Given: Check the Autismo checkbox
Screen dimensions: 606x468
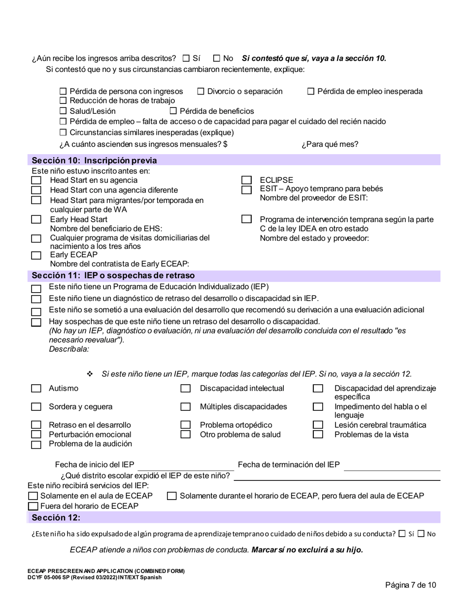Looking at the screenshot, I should click(36, 388).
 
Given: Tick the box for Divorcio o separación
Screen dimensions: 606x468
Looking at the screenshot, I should click(201, 91).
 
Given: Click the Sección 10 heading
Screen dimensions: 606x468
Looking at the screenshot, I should click(94, 160).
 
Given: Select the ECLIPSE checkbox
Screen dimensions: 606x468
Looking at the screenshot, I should click(247, 180).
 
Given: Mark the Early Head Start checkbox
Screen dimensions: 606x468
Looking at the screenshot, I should click(36, 220).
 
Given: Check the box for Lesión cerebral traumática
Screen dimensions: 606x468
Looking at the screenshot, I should click(318, 425).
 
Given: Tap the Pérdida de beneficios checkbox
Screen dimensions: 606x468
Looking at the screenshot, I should click(173, 111).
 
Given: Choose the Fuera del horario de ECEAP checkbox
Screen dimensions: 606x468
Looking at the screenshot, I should click(33, 506).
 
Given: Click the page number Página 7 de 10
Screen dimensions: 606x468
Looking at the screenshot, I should click(410, 585).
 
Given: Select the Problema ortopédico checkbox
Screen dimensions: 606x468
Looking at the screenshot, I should click(185, 425).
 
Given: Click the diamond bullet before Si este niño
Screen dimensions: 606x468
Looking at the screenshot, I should click(90, 374).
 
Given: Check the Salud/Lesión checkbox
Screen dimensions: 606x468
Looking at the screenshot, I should click(63, 111).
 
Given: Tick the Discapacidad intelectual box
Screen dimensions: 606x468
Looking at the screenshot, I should click(185, 388).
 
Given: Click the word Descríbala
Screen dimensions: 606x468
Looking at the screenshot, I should click(69, 349).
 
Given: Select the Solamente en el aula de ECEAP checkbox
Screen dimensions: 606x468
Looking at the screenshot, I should click(33, 496).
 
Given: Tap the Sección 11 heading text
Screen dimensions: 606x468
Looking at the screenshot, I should click(113, 275).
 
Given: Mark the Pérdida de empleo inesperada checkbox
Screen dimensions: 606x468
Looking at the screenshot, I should click(311, 91).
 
